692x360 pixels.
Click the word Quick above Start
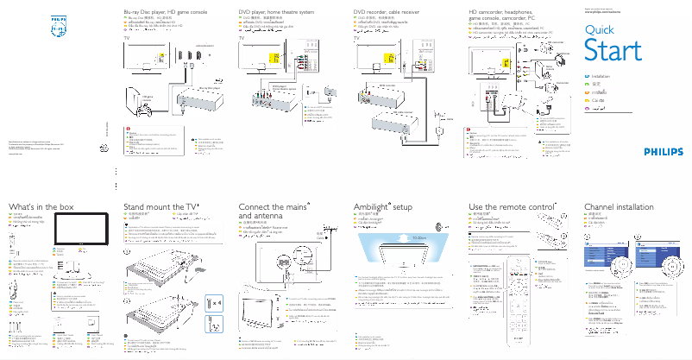[600, 30]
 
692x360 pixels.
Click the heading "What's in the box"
[41, 208]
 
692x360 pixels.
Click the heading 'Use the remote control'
[510, 208]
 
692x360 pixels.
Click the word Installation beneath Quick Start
[604, 78]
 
